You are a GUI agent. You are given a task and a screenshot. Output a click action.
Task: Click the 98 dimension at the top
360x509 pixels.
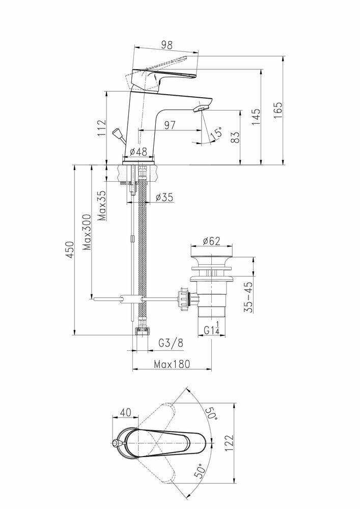pyautogui.click(x=167, y=45)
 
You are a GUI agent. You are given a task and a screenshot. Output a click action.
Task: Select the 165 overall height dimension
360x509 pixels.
pyautogui.click(x=279, y=110)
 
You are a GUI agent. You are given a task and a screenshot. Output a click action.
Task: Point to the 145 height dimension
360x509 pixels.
pyautogui.click(x=256, y=117)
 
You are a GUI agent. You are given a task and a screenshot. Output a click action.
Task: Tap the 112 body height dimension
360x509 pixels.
pyautogui.click(x=102, y=128)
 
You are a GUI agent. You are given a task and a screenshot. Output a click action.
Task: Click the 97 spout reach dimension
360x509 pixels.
pyautogui.click(x=170, y=125)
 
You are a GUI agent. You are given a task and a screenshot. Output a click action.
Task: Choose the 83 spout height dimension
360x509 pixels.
pyautogui.click(x=235, y=137)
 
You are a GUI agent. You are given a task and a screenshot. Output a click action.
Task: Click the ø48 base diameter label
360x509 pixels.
pyautogui.click(x=139, y=152)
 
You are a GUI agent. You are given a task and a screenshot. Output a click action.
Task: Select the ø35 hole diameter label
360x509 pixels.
pyautogui.click(x=164, y=197)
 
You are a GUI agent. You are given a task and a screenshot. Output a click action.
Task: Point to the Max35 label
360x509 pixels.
pyautogui.click(x=102, y=206)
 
